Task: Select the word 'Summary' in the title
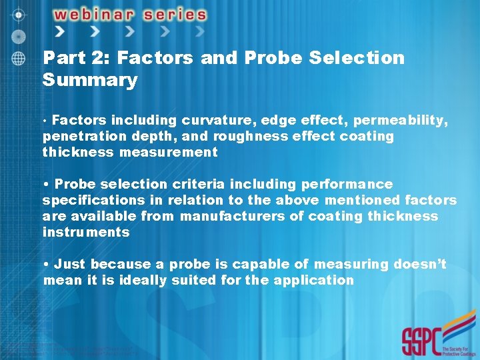[x=89, y=81]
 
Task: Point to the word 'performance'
[x=347, y=184]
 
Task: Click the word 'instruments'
[x=86, y=232]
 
